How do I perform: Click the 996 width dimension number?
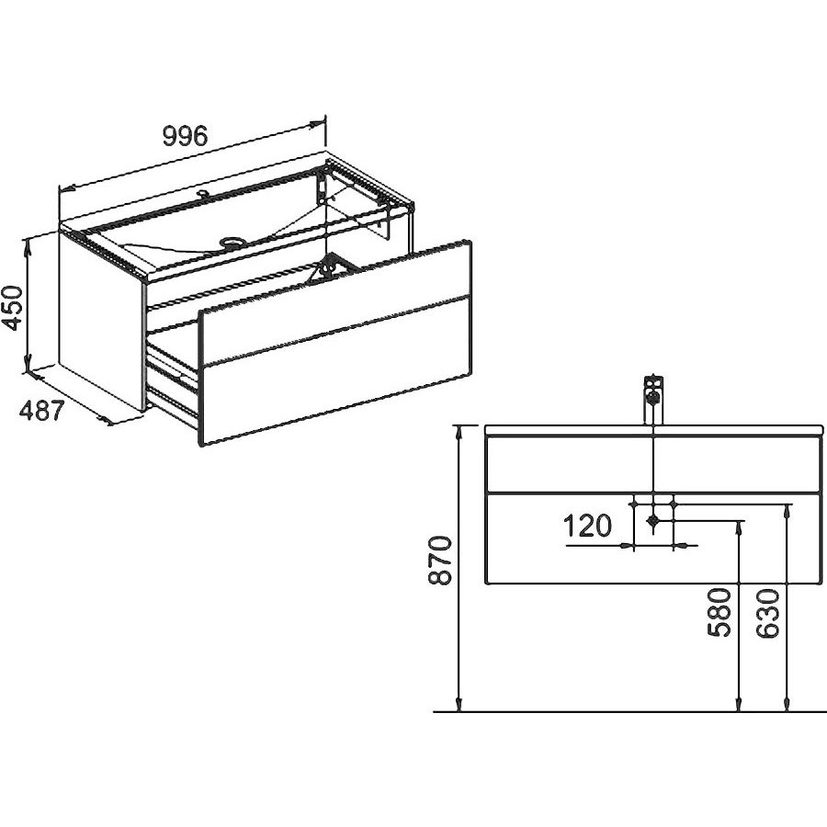click(185, 136)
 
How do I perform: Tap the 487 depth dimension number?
click(42, 411)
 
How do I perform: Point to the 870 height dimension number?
click(440, 560)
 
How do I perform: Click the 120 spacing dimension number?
click(587, 526)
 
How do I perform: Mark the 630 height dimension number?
click(767, 614)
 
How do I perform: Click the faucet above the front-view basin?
click(653, 401)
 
